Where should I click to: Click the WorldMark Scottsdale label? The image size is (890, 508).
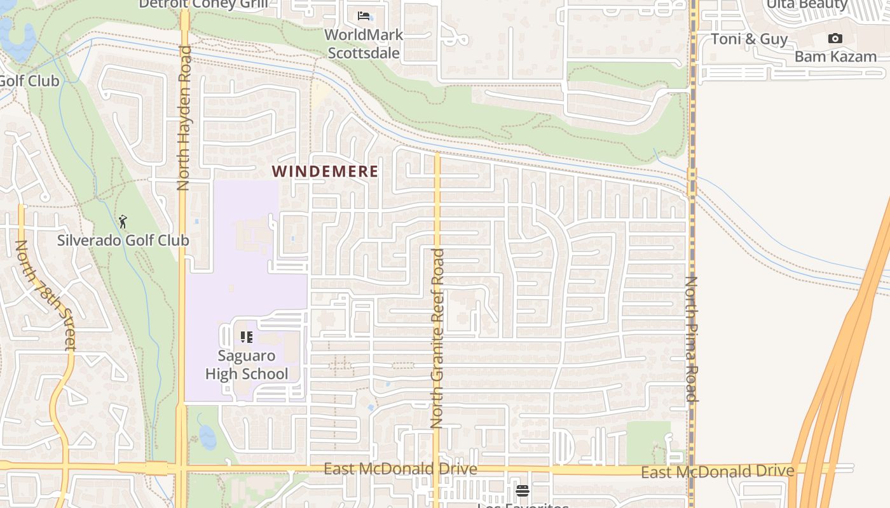click(x=364, y=43)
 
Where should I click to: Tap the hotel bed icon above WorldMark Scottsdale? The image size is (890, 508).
click(x=364, y=15)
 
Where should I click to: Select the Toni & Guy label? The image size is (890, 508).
click(x=750, y=39)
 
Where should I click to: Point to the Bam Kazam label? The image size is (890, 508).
click(x=835, y=57)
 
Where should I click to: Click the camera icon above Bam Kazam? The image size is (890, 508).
click(x=835, y=39)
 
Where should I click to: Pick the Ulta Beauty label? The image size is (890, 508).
click(x=807, y=4)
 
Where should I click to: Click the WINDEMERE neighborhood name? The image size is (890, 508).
click(x=325, y=171)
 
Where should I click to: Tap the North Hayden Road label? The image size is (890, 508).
click(x=184, y=117)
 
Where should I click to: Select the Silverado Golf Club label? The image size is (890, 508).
click(x=123, y=240)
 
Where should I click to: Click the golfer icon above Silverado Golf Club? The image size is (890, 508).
click(x=123, y=222)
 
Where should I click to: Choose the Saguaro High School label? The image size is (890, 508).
click(x=247, y=364)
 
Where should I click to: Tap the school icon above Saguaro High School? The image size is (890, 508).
click(x=247, y=337)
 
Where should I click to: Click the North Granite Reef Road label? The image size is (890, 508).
click(x=437, y=338)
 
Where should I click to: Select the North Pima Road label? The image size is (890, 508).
click(x=692, y=338)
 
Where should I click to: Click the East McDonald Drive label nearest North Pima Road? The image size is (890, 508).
click(x=717, y=471)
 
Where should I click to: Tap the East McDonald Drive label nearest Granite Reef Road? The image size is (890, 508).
click(x=400, y=469)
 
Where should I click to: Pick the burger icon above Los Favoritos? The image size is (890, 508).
click(x=523, y=490)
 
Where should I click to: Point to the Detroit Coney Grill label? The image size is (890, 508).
click(x=203, y=4)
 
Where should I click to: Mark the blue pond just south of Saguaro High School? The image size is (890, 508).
click(x=207, y=436)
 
